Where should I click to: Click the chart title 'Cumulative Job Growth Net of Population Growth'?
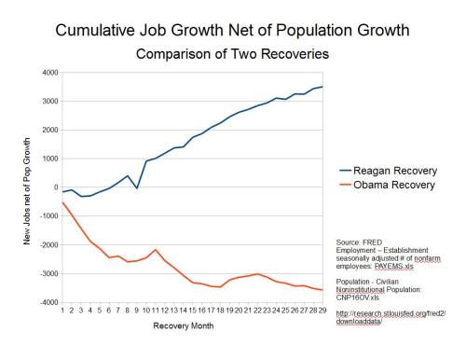point(232,31)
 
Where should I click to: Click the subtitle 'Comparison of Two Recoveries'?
point(232,54)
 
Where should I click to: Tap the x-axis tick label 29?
point(322,311)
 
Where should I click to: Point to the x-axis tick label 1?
point(62,311)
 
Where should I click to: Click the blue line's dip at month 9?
point(137,187)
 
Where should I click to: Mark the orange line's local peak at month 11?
point(155,249)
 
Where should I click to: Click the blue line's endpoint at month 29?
point(322,87)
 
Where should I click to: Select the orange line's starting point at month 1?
point(62,202)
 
